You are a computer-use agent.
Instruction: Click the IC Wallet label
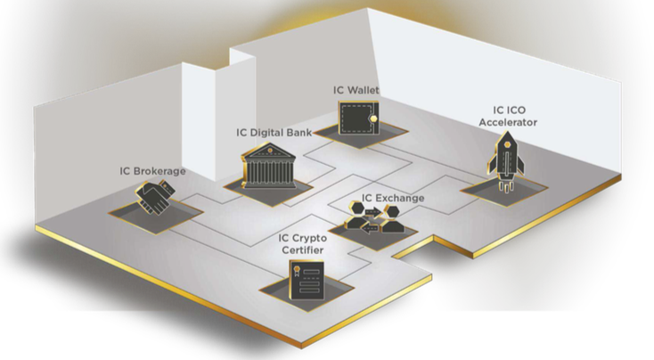[x=356, y=90]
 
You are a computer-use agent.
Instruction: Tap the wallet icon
[x=359, y=118]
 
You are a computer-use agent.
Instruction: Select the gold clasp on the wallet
[x=374, y=119]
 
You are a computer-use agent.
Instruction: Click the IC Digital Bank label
[x=274, y=133]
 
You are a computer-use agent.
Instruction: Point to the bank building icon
[x=269, y=166]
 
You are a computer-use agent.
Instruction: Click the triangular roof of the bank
[x=269, y=151]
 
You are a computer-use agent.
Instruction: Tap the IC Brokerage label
[x=152, y=171]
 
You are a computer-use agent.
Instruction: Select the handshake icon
[x=155, y=196]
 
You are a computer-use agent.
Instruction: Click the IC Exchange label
[x=392, y=198]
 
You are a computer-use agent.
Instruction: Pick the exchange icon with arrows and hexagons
[x=374, y=217]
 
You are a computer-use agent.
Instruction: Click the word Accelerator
[x=508, y=122]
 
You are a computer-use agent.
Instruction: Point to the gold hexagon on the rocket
[x=507, y=144]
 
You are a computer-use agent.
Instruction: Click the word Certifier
[x=302, y=250]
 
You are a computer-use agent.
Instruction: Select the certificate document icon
[x=307, y=280]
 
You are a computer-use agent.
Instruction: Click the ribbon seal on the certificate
[x=297, y=270]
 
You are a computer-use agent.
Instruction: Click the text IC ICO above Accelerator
[x=510, y=110]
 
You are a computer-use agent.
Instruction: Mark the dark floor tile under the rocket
[x=503, y=191]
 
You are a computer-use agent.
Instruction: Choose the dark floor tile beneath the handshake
[x=156, y=213]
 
